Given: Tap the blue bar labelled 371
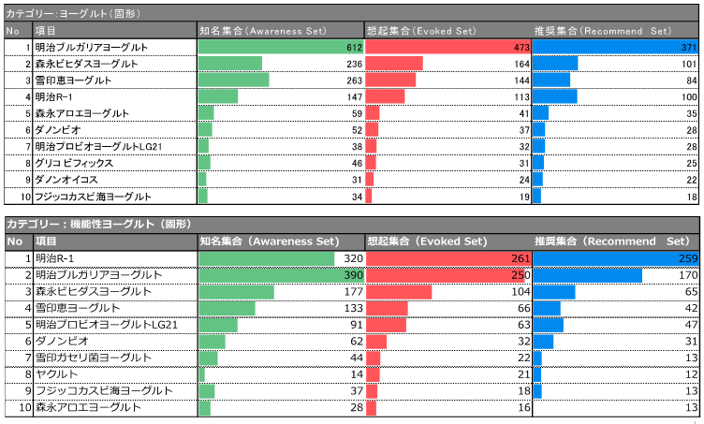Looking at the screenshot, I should tap(609, 47).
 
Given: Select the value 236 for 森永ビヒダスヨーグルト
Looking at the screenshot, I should tap(354, 64).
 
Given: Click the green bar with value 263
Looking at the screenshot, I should tap(233, 80).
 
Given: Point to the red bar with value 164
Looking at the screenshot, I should tap(394, 64).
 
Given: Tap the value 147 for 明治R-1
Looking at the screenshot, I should tap(354, 96).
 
